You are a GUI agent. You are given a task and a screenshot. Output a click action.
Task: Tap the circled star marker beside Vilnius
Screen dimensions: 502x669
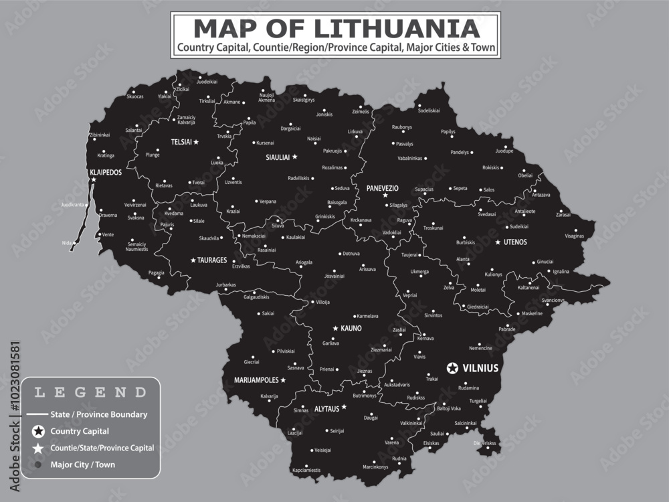coord(452,367)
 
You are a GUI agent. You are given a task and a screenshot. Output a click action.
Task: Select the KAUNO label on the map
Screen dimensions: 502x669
coord(351,329)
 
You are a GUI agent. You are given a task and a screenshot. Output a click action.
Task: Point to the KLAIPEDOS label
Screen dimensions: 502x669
coord(105,172)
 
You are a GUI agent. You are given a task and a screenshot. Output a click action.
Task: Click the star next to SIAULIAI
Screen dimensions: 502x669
coord(294,157)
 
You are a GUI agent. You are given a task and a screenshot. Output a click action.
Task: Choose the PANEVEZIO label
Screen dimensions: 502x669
coord(382,189)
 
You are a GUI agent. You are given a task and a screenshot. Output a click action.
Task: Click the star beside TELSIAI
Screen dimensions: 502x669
coord(196,142)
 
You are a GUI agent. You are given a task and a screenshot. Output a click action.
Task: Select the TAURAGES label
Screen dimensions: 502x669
coord(212,260)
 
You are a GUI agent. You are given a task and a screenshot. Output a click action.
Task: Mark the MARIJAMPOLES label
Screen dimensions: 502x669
coord(256,380)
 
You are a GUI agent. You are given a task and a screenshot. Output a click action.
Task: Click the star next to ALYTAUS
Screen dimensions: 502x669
coord(344,407)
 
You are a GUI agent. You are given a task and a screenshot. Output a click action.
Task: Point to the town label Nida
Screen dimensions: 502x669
coord(66,242)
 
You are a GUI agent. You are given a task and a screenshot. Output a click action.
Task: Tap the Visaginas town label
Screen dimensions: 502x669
coord(574,236)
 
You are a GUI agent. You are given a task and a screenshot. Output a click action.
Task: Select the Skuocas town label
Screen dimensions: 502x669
coord(134,96)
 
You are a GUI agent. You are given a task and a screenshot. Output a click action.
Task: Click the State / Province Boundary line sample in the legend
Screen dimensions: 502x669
coord(39,414)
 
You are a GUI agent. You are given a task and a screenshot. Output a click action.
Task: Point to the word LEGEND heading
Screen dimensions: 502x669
coord(90,392)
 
